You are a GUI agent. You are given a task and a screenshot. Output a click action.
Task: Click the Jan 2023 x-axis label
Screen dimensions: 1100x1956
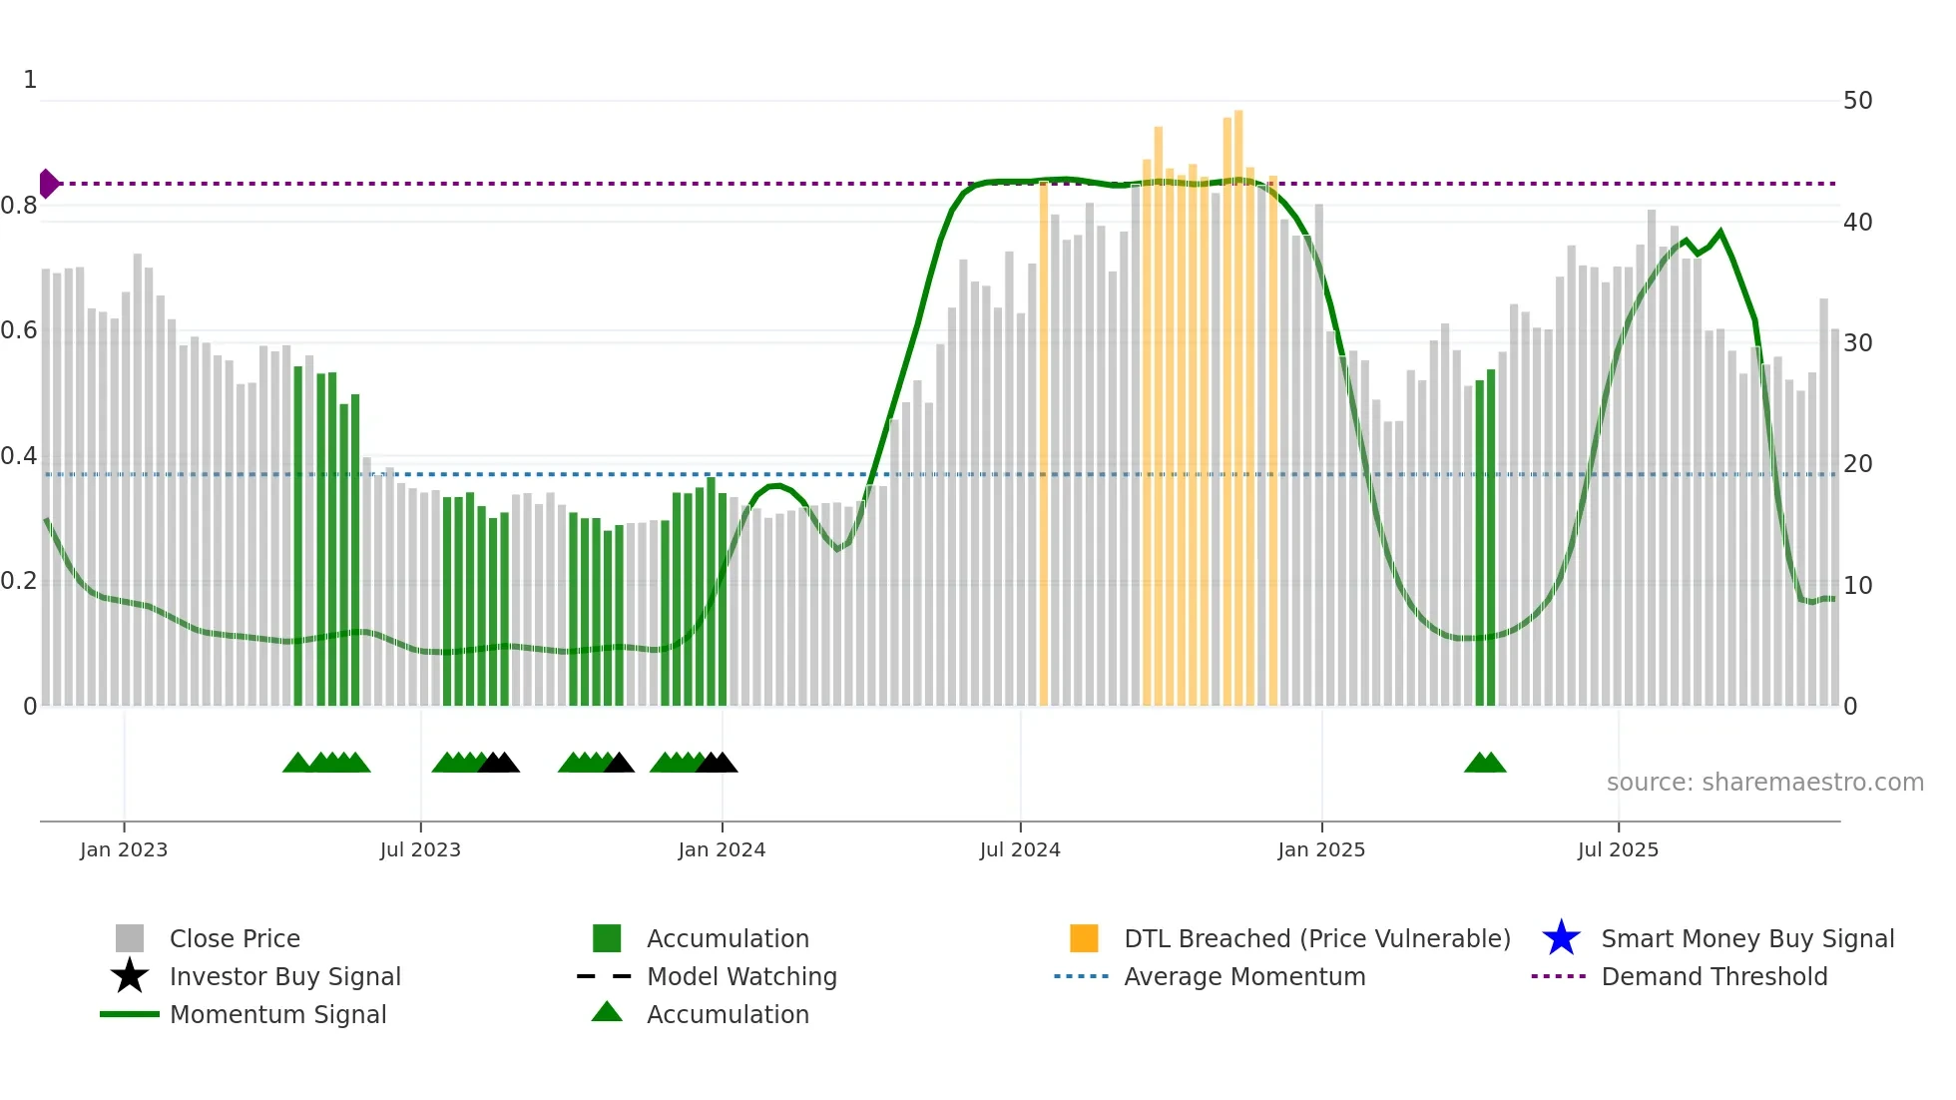[124, 849]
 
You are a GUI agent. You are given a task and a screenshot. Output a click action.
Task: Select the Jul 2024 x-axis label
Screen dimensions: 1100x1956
[1020, 849]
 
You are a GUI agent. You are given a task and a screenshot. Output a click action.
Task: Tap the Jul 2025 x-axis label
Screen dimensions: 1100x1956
[1618, 849]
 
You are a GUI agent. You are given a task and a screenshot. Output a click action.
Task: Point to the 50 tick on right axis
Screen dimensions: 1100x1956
[1857, 101]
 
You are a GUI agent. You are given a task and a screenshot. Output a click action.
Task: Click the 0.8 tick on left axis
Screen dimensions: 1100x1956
[20, 206]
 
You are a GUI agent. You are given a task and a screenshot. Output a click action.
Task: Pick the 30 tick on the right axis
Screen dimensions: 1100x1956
[1857, 343]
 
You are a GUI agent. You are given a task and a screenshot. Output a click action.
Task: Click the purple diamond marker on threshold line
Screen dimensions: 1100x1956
[48, 184]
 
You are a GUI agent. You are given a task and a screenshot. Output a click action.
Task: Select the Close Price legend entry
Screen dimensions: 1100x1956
[235, 938]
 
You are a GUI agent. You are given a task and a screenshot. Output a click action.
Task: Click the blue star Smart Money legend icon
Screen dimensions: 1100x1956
[1561, 938]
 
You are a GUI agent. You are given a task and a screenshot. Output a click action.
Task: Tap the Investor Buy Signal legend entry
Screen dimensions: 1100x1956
[284, 976]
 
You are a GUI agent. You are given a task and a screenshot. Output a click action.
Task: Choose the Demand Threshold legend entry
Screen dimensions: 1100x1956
[1713, 976]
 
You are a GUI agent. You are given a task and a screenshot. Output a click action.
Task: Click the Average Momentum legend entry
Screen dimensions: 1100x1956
[1243, 976]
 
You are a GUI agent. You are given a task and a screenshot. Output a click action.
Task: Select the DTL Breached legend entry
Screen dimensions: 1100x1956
[1316, 938]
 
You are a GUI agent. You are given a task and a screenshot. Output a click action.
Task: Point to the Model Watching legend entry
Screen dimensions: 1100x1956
[741, 976]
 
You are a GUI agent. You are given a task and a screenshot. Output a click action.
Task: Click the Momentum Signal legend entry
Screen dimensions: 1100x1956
[277, 1014]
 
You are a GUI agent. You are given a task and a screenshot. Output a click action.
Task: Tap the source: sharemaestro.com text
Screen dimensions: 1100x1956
[1764, 783]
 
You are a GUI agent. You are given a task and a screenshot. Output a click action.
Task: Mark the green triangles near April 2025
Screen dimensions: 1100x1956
[1485, 764]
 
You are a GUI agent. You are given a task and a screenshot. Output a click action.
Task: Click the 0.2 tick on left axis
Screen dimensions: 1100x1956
[20, 581]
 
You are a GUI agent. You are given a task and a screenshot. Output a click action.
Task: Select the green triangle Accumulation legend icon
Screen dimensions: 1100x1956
[607, 1012]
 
